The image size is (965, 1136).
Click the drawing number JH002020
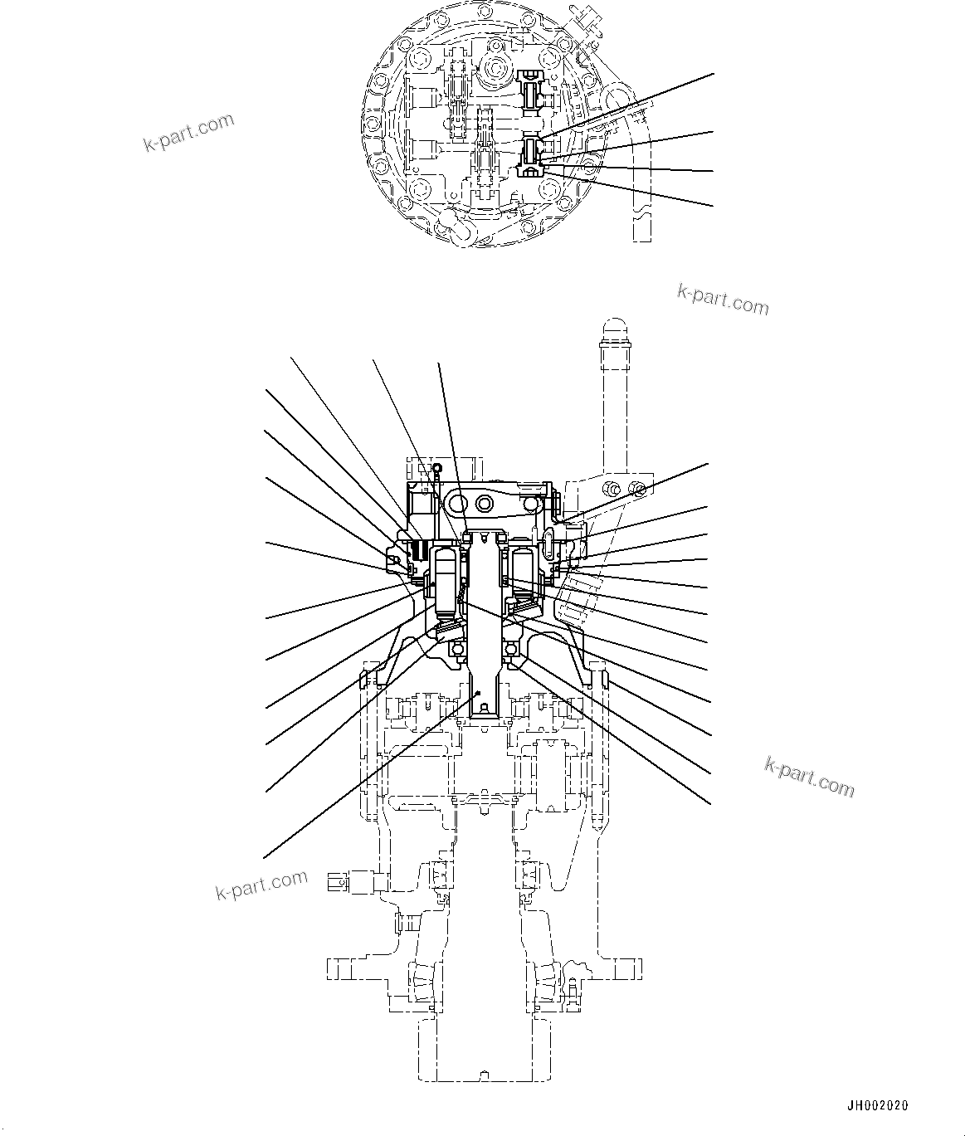point(877,1105)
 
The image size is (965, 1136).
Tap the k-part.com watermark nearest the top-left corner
point(188,133)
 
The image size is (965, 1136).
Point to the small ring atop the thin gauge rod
point(436,468)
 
